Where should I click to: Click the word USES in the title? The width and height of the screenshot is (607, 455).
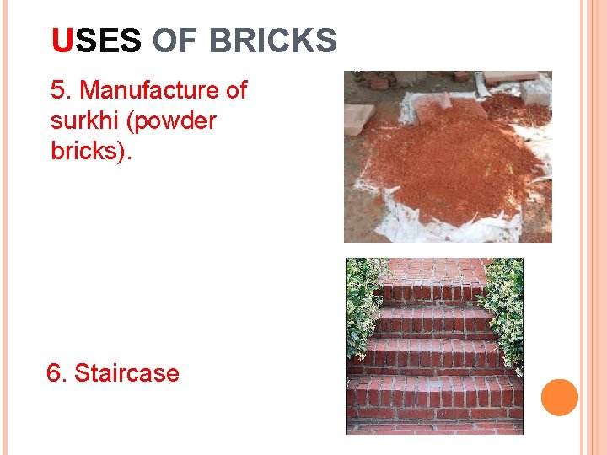96,40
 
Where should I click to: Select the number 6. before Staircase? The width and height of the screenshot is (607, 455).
56,372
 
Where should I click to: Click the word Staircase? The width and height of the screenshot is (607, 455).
126,372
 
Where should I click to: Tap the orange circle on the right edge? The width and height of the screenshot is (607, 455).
559,398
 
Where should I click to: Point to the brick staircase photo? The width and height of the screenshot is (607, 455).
435,345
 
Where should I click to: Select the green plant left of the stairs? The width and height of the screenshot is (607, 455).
364,303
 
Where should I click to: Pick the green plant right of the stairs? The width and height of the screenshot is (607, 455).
506,303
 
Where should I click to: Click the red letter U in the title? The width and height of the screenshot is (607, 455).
62,40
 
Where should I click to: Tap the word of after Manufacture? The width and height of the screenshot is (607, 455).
234,90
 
